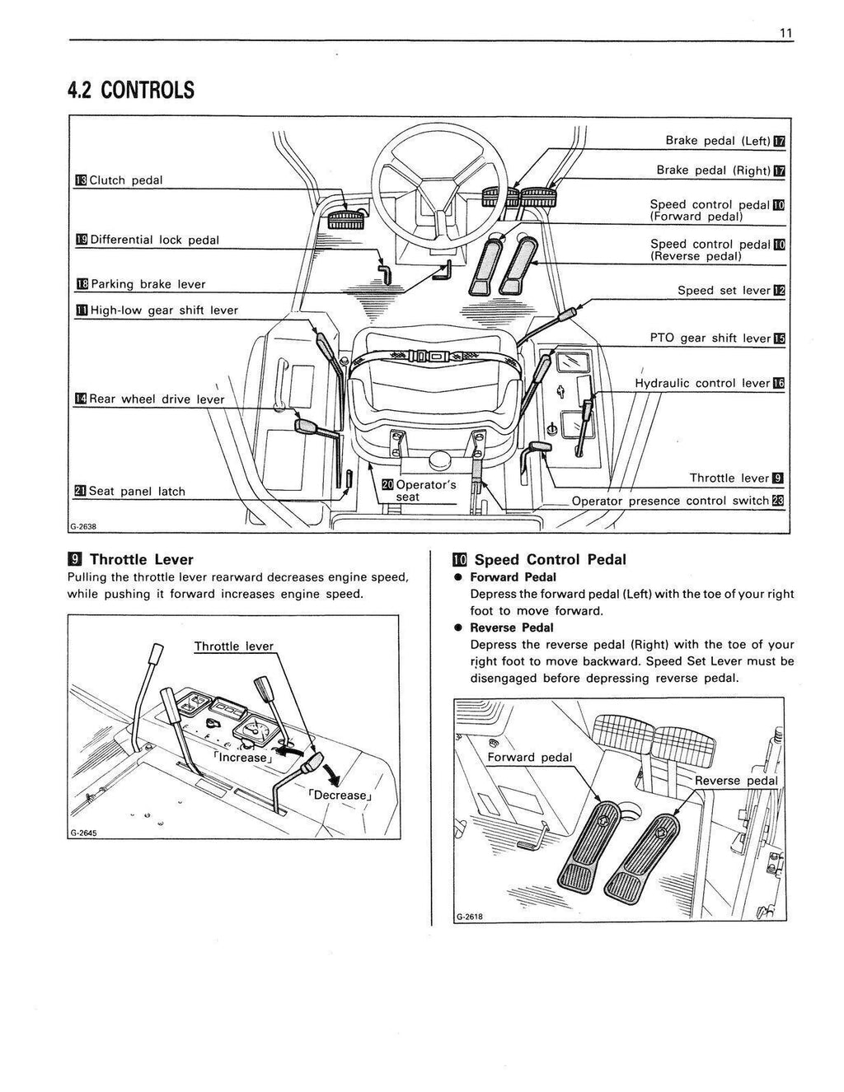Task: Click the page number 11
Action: [785, 32]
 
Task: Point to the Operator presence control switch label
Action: [670, 501]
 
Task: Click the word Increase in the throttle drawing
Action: [241, 758]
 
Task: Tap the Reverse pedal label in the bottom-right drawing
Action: [735, 781]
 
